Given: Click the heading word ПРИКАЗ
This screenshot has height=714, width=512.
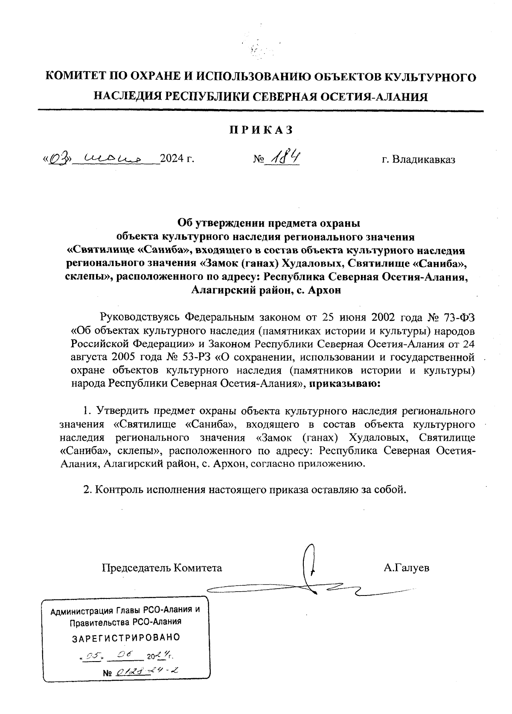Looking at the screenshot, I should coord(261,130).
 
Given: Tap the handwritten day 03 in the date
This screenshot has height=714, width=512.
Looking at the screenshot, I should coord(59,159).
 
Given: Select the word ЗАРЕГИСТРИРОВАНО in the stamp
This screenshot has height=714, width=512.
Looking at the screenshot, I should coord(126,638).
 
